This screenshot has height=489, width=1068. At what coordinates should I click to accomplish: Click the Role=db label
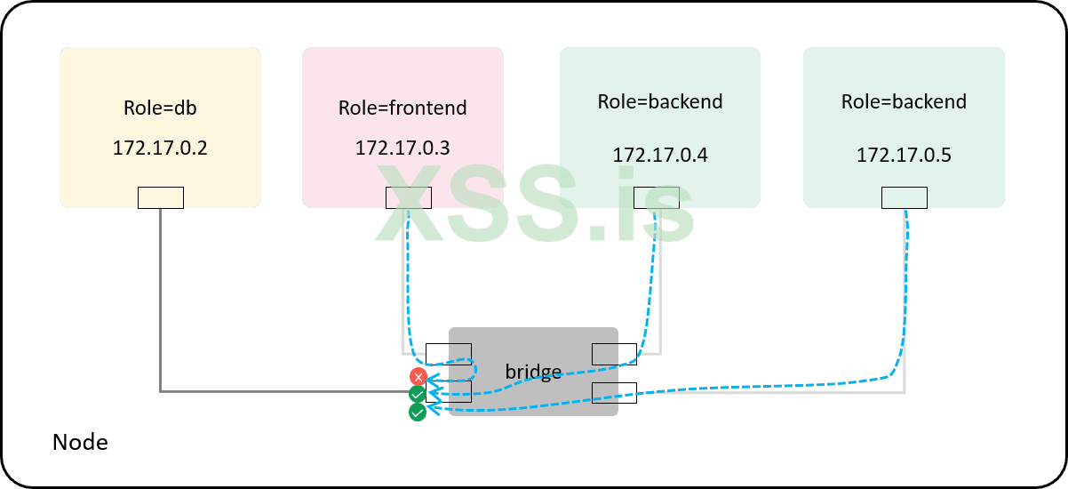[x=160, y=108]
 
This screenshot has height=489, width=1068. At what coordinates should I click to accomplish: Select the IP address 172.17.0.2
[x=160, y=148]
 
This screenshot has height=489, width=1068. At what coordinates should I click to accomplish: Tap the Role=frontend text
[x=402, y=108]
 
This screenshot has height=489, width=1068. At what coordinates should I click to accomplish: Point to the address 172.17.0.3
[x=402, y=148]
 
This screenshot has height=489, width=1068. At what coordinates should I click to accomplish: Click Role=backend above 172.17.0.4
[x=660, y=101]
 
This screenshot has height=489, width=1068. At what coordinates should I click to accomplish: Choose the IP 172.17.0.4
[x=660, y=156]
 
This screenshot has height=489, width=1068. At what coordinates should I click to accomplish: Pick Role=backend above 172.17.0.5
[x=904, y=101]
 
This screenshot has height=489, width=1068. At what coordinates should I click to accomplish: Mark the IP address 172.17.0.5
[x=904, y=156]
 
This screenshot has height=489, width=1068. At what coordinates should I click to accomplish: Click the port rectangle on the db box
[x=161, y=197]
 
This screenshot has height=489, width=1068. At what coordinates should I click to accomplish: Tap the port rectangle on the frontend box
[x=409, y=197]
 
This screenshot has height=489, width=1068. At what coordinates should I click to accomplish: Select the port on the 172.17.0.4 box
[x=657, y=197]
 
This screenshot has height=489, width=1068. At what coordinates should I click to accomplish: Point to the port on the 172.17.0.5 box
[x=904, y=197]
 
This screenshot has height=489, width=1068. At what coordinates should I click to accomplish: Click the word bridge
[x=533, y=371]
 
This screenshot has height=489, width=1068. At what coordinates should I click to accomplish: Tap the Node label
[x=80, y=442]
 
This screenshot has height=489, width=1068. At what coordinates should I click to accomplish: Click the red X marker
[x=418, y=376]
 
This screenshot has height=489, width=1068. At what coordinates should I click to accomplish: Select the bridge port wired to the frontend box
[x=449, y=354]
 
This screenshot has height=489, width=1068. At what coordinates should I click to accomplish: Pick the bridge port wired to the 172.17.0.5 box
[x=614, y=392]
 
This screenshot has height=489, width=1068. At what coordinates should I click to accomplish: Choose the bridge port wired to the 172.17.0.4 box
[x=614, y=354]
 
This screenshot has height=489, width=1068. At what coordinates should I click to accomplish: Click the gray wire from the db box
[x=161, y=302]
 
